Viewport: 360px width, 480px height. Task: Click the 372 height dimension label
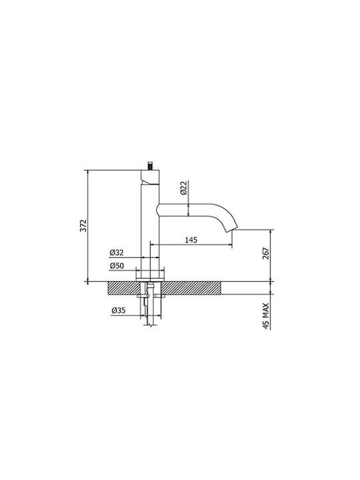tap(83, 225)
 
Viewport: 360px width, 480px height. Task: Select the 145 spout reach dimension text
tap(191, 240)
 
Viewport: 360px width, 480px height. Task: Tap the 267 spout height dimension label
tap(266, 253)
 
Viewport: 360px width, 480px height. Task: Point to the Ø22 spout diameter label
tap(183, 187)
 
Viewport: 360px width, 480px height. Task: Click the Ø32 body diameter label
tap(117, 253)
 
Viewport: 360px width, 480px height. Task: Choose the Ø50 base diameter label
tap(117, 266)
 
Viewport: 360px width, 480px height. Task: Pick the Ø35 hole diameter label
tap(119, 311)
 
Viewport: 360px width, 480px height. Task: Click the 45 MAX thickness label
tap(266, 316)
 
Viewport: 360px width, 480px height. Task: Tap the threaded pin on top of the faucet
tap(151, 165)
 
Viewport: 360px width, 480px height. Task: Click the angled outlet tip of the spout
tap(232, 229)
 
